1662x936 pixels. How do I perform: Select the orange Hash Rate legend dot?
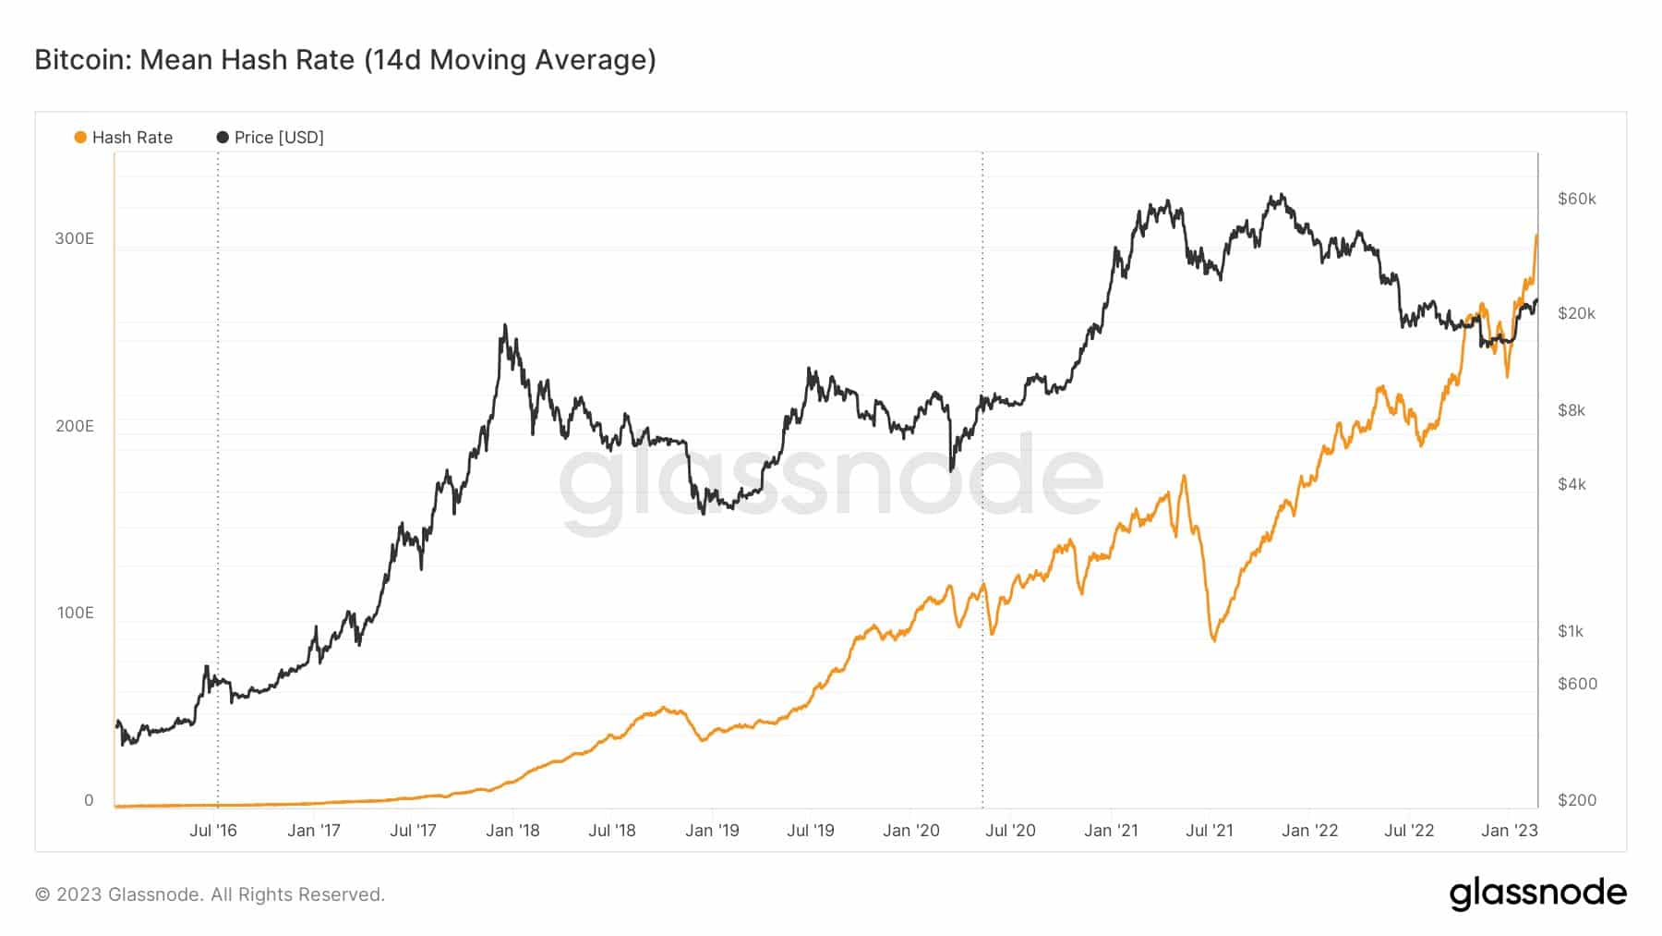click(80, 138)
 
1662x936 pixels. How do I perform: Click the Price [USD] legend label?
click(278, 138)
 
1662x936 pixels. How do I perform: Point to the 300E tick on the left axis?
click(74, 238)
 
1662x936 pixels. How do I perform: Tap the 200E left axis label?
click(74, 426)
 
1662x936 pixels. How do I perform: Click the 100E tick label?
click(75, 613)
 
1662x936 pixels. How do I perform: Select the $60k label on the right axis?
click(1576, 199)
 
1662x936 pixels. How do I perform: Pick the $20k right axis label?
click(1576, 313)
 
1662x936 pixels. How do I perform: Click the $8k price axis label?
click(1572, 410)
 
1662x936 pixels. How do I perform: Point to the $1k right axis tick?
click(1571, 631)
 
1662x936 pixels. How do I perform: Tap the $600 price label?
click(1577, 684)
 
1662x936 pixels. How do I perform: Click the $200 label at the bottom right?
click(1577, 800)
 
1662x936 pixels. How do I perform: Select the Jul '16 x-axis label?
click(213, 831)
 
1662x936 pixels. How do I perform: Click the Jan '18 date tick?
click(512, 831)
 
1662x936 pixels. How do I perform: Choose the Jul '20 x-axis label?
click(1010, 831)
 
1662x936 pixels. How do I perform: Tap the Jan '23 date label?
click(1510, 831)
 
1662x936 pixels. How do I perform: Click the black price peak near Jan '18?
click(504, 326)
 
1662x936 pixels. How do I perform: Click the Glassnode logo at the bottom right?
click(1537, 893)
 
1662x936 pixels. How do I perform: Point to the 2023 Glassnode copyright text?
click(210, 894)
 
